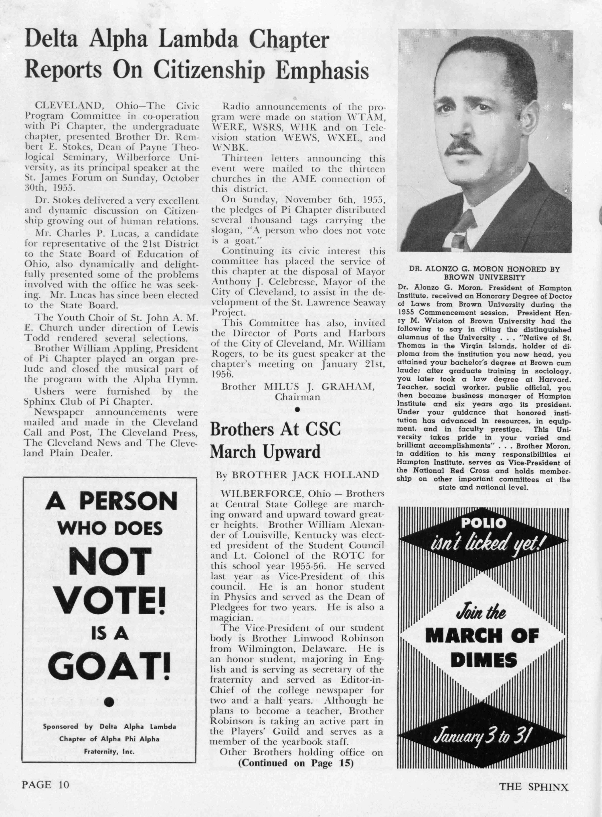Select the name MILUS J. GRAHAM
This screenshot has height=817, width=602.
pos(319,387)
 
